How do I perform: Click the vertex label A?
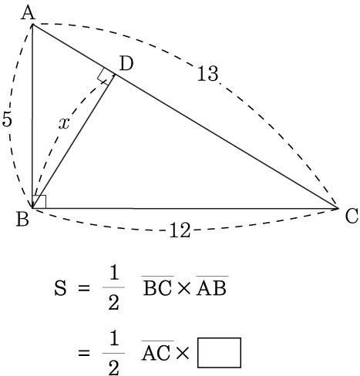(x=28, y=13)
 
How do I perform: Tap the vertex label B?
(x=22, y=220)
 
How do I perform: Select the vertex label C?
(x=352, y=217)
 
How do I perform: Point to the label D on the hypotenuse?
(x=126, y=64)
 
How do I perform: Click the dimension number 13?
(x=208, y=74)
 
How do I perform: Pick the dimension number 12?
(x=180, y=230)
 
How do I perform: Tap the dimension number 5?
(x=7, y=119)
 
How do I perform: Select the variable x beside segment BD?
(x=64, y=123)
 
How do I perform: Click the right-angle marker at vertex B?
(x=39, y=202)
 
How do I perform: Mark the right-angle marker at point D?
(x=106, y=76)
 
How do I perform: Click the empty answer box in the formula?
(x=219, y=353)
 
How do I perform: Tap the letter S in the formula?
(x=60, y=288)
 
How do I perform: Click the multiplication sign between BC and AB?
(x=185, y=288)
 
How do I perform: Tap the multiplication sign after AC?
(x=182, y=353)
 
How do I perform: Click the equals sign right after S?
(x=84, y=289)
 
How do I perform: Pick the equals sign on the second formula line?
(x=84, y=353)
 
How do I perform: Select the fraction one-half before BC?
(x=113, y=288)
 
